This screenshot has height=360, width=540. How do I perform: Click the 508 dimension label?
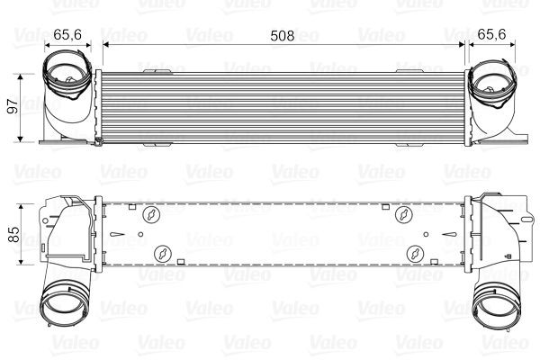[283, 35]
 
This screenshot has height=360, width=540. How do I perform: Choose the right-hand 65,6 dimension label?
[490, 35]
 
